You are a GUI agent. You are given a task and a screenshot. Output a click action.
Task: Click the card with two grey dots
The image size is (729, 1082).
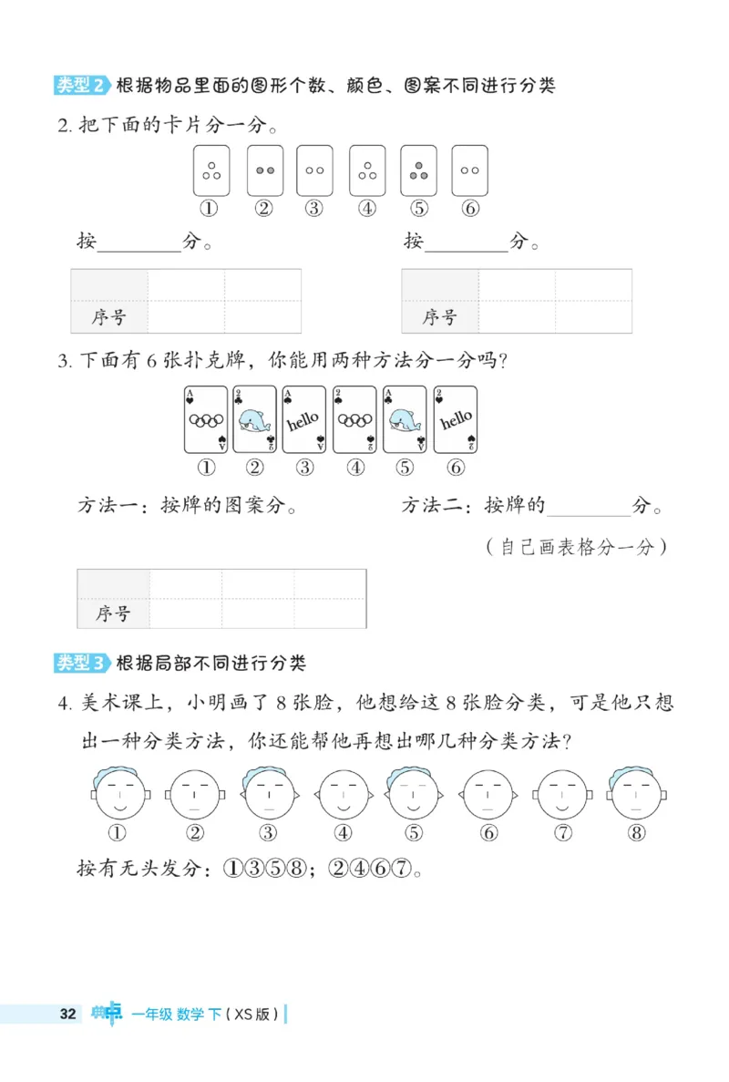pos(265,170)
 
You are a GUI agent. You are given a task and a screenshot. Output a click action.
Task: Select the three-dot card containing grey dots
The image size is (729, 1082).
pos(419,170)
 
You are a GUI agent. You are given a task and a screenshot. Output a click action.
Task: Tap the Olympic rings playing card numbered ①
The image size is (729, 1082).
pos(207,419)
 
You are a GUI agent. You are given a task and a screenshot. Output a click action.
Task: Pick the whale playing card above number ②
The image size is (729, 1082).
pos(255,419)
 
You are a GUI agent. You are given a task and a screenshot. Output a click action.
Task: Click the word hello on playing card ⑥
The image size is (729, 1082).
pos(456,420)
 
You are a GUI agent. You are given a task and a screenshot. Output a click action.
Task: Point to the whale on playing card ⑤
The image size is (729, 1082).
pos(405,420)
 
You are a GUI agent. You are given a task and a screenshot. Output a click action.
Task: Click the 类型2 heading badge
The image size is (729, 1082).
pos(80,86)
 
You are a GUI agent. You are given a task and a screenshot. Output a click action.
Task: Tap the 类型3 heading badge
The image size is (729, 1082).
pos(80,663)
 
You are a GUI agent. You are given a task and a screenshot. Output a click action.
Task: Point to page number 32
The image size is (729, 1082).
pos(67,1014)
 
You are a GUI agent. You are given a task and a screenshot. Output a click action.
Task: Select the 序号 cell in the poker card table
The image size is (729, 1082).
pos(113,613)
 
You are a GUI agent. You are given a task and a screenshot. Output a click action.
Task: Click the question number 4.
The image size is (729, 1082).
pos(64,703)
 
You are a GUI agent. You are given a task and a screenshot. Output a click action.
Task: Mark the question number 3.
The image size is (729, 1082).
pos(64,361)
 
